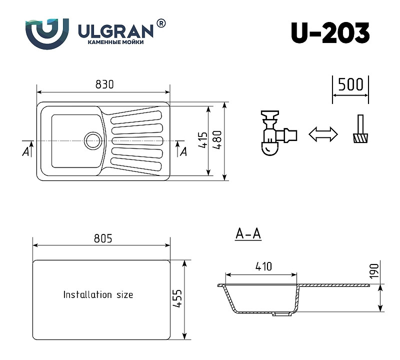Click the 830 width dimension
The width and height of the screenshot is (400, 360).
(104, 84)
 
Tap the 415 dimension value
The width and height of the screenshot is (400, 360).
(203, 140)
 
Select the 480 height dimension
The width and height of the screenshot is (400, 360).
(217, 140)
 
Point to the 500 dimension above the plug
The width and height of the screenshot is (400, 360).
(350, 84)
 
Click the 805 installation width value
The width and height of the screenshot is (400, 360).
(103, 238)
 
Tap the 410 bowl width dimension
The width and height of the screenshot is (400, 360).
(263, 266)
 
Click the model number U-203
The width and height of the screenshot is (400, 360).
(330, 33)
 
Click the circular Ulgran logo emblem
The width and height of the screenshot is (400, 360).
(47, 33)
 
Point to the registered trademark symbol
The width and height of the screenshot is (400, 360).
(160, 23)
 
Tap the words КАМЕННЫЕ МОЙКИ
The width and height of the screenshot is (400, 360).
(115, 42)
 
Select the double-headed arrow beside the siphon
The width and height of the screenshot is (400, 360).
(323, 134)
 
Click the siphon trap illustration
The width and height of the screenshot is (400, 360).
(279, 132)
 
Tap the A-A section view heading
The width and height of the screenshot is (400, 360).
(248, 233)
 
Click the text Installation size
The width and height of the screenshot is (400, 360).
(98, 294)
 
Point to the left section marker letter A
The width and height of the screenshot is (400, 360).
(25, 151)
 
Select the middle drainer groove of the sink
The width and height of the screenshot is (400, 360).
(137, 140)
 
